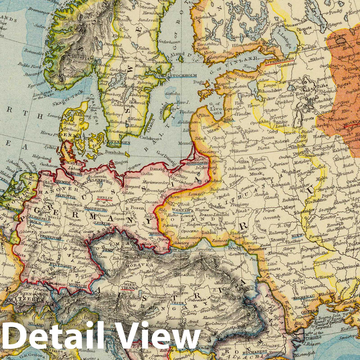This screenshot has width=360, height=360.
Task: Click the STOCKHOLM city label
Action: coord(184,76)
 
